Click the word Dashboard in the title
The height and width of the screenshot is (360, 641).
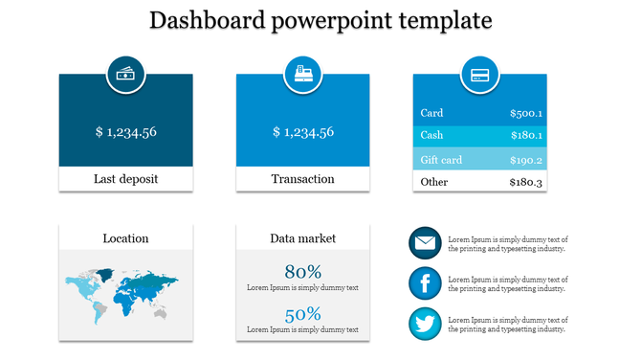210,20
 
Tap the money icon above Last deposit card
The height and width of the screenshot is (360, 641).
125,74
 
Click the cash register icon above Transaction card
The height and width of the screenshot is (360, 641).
302,74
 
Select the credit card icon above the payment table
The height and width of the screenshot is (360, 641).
479,74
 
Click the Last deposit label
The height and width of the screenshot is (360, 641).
125,179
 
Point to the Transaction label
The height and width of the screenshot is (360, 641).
302,179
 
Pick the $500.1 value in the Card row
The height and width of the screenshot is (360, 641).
525,113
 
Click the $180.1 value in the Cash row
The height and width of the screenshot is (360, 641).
525,136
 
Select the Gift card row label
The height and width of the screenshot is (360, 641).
441,160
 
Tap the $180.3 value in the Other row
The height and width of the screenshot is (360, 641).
525,182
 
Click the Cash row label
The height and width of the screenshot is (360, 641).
431,136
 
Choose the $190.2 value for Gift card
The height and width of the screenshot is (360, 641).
525,160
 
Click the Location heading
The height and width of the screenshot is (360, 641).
125,238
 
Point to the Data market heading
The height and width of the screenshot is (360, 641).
302,238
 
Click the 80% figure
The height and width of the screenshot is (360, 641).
302,271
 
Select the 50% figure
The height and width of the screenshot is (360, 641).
302,314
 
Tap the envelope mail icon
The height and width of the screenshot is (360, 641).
425,243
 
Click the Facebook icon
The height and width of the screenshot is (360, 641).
425,283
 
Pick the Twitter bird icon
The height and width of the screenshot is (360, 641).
425,324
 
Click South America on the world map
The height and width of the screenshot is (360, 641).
98,307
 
